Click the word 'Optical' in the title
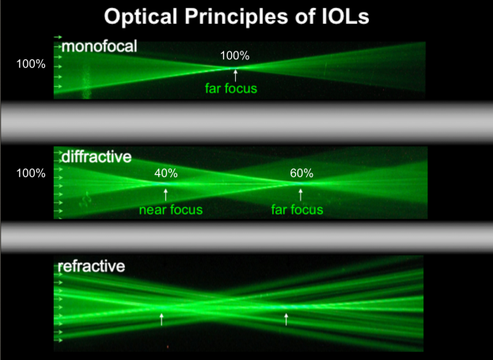pos(141,17)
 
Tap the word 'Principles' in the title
pos(236,17)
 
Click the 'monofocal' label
pos(100,47)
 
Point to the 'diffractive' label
pos(97,157)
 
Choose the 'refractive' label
pos(92,266)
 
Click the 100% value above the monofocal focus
pos(234,56)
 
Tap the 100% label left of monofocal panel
pos(31,64)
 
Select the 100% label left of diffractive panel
pos(31,173)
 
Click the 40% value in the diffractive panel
pos(166,173)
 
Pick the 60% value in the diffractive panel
pos(301,173)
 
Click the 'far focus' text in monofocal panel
pos(231,89)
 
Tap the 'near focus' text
pos(171,210)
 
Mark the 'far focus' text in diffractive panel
pos(297,210)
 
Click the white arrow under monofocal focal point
pos(235,75)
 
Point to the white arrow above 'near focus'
pos(165,195)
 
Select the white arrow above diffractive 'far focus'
pos(301,195)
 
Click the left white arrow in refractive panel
pos(161,319)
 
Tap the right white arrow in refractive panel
pos(286,319)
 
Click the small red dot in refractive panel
pos(168,347)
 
